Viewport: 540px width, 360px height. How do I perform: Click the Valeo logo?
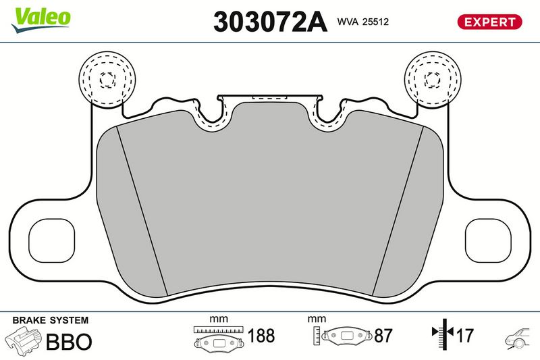click(41, 20)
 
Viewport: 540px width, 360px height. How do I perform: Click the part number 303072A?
click(270, 22)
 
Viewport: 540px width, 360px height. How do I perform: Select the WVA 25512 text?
click(363, 22)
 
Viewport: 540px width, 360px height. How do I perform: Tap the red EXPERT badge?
click(489, 22)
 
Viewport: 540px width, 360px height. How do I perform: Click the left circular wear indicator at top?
click(107, 80)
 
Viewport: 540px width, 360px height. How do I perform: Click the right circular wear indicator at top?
click(432, 80)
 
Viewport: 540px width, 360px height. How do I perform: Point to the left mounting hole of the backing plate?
click(52, 240)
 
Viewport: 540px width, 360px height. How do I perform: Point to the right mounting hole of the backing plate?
click(488, 240)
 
